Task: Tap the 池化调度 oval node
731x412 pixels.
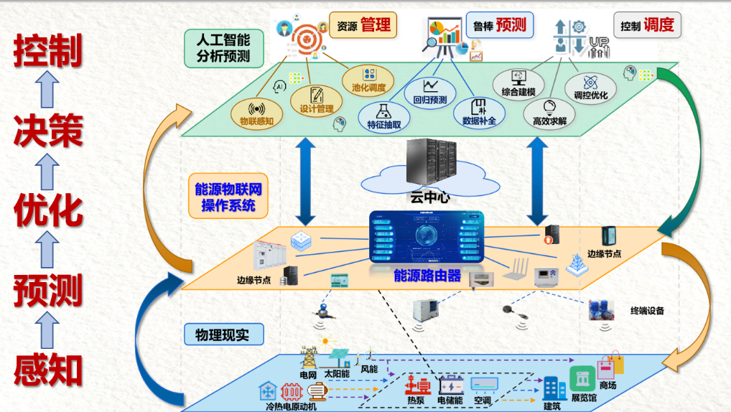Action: click(368, 80)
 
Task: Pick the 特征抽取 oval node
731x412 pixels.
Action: click(383, 116)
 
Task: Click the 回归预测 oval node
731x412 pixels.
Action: click(429, 92)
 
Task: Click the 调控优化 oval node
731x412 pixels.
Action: click(591, 88)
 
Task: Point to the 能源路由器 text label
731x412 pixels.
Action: click(427, 276)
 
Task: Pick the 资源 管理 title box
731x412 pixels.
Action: click(363, 26)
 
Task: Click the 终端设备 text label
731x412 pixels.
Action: click(646, 311)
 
